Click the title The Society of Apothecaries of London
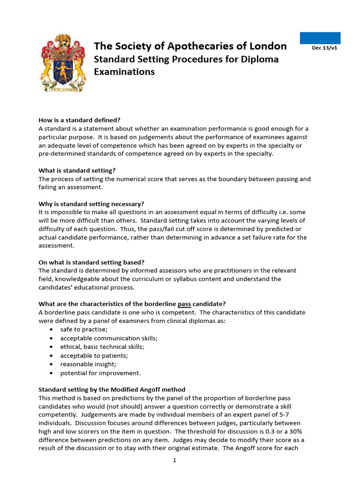(x=190, y=46)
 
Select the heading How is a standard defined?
(x=79, y=120)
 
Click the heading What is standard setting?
(x=77, y=170)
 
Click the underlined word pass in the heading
(x=184, y=304)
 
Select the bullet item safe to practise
(x=77, y=330)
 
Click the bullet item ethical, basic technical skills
(x=102, y=347)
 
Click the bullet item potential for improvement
(x=100, y=373)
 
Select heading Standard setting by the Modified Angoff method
(x=112, y=390)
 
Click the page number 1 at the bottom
(x=174, y=460)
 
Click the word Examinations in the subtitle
(x=124, y=72)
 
